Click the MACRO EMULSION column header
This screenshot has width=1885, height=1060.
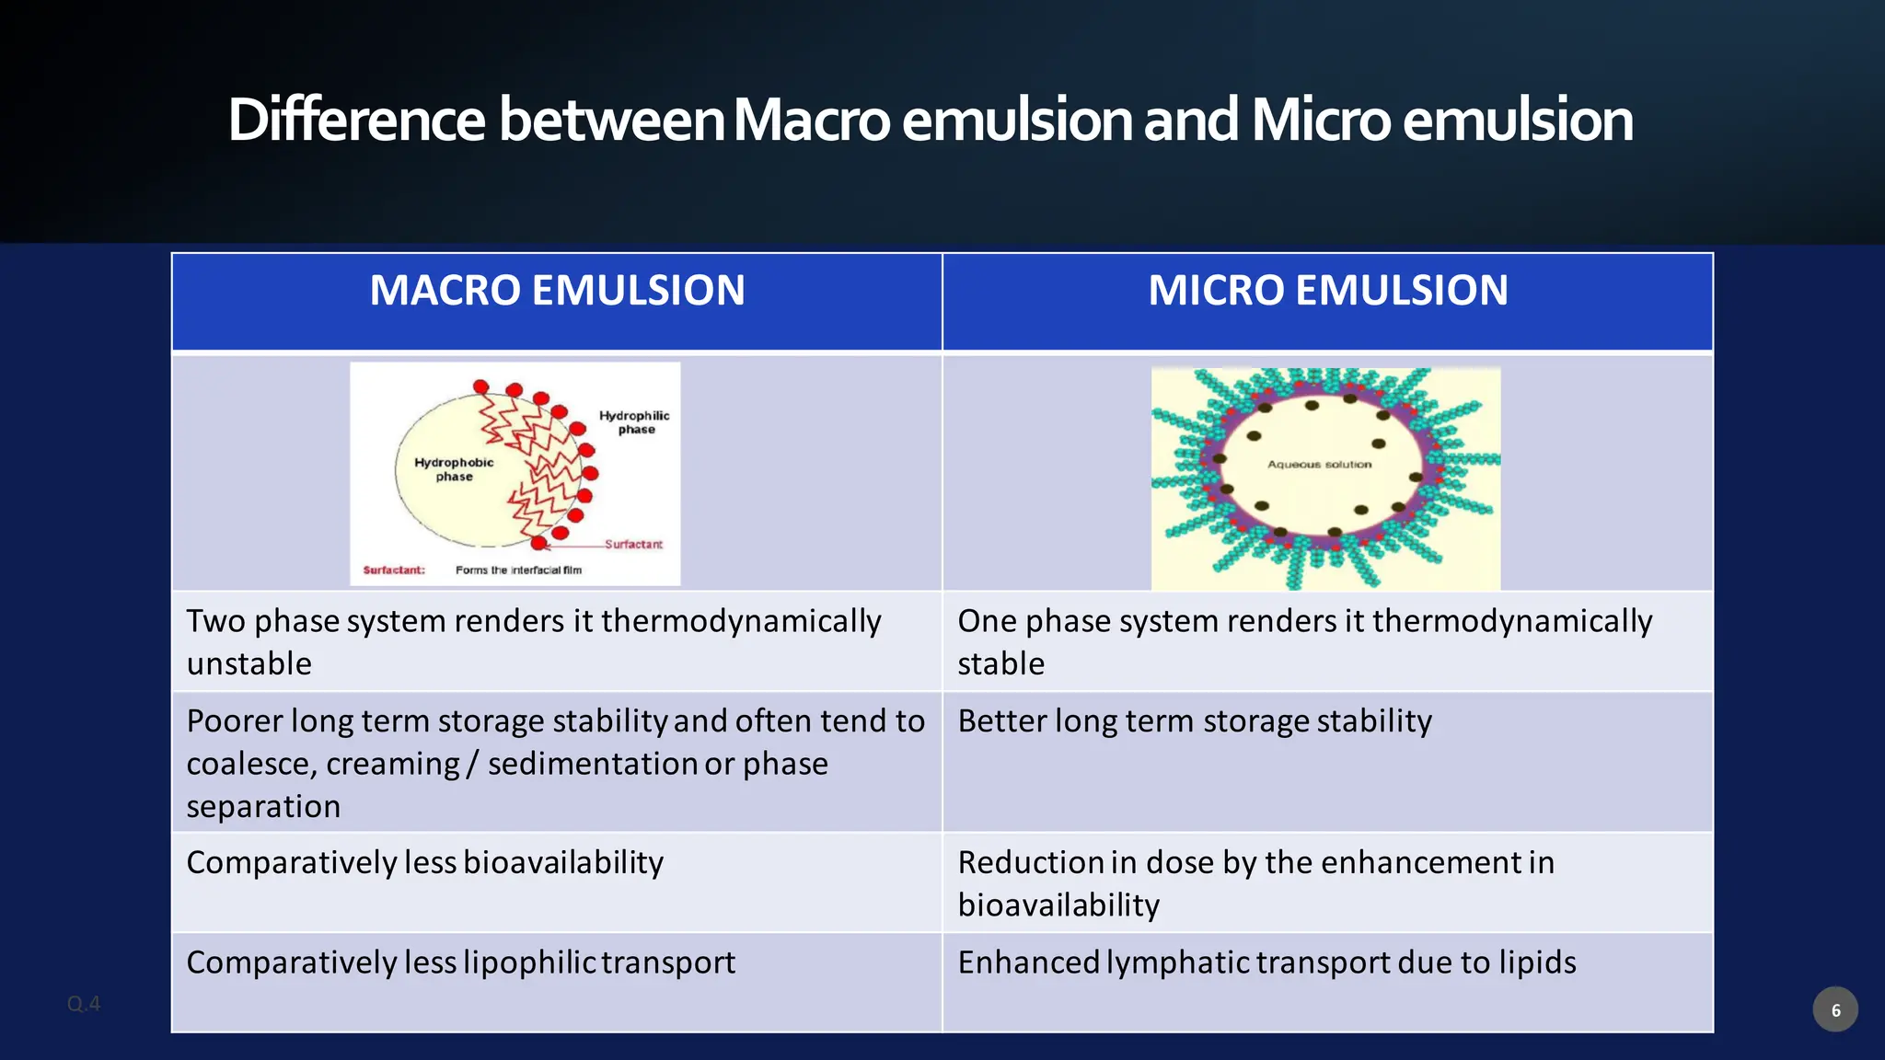[557, 291]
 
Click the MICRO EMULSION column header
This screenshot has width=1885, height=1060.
[1327, 291]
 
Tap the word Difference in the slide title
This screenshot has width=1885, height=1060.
[356, 120]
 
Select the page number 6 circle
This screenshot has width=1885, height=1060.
[1834, 1009]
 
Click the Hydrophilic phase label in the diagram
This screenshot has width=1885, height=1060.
[634, 422]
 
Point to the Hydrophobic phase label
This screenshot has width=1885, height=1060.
[454, 469]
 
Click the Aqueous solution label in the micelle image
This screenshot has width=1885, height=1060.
[1319, 465]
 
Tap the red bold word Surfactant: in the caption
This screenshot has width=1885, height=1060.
[394, 570]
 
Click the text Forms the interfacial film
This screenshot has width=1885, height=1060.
[518, 570]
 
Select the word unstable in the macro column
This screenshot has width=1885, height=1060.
[249, 663]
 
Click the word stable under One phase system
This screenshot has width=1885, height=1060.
[1000, 663]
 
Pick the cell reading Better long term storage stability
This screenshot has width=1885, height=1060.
[1194, 720]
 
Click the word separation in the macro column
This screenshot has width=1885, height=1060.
[263, 806]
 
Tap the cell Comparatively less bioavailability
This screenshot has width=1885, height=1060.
[424, 862]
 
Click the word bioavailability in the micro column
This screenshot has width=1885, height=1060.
[1058, 904]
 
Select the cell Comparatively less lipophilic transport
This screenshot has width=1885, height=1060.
[460, 962]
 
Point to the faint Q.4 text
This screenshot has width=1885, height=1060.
[84, 1004]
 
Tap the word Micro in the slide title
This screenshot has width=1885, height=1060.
[1320, 120]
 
